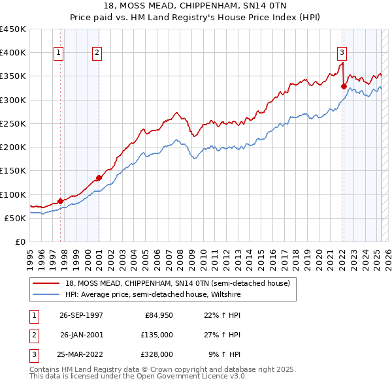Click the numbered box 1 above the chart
click(59, 54)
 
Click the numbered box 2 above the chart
click(97, 54)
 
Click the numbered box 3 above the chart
click(342, 54)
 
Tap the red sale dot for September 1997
click(60, 201)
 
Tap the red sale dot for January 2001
click(99, 177)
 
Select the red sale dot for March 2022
click(344, 85)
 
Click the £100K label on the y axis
click(13, 194)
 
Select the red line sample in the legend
click(47, 283)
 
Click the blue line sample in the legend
click(47, 295)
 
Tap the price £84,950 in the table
click(157, 315)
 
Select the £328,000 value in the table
click(157, 354)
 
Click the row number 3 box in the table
click(33, 354)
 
